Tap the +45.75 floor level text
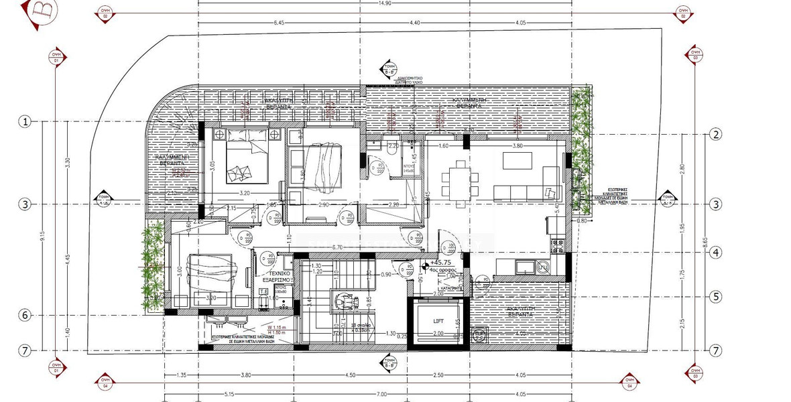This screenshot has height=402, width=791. [444, 263]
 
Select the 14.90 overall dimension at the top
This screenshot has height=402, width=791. [384, 3]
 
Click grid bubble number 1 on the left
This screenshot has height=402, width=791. [25, 121]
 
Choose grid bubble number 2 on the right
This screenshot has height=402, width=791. [717, 135]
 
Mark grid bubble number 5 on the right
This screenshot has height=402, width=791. [717, 295]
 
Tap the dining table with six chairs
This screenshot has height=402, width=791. [461, 178]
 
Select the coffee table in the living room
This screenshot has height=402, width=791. [517, 161]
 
